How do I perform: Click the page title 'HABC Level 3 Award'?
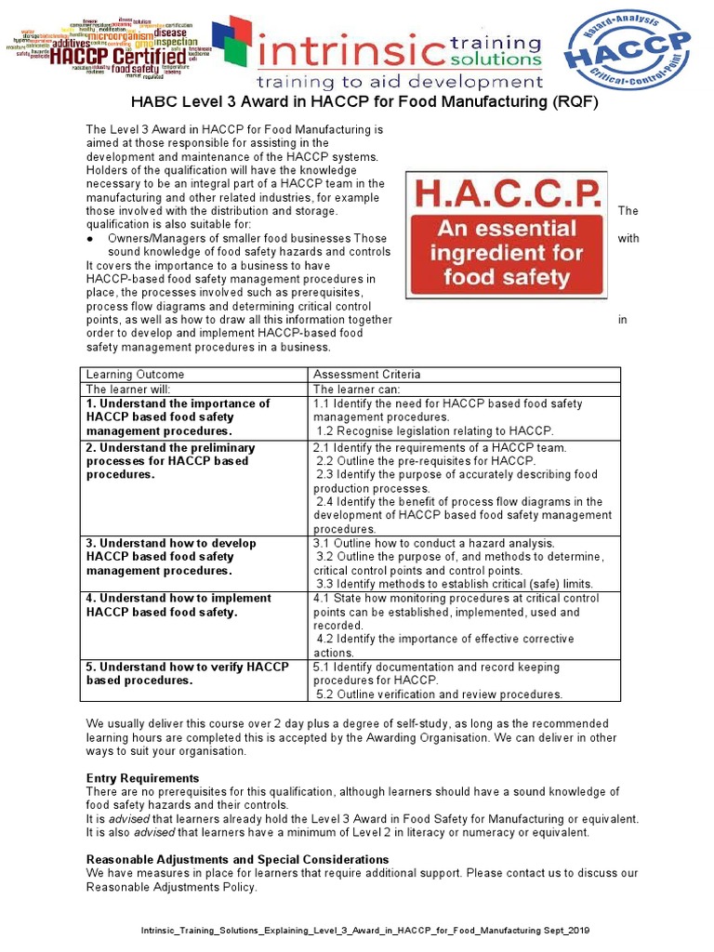356,102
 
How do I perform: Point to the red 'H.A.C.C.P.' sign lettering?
507,194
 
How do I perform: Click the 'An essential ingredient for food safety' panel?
507,253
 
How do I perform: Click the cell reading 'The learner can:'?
353,390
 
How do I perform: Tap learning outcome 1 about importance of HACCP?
178,417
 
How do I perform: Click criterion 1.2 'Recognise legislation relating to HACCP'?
434,430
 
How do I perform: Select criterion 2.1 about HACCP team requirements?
440,447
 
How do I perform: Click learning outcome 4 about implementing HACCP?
178,605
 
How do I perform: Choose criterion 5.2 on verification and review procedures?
439,694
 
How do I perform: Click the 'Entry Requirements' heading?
142,778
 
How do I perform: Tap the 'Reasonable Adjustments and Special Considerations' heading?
237,859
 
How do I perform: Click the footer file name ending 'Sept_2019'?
364,931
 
